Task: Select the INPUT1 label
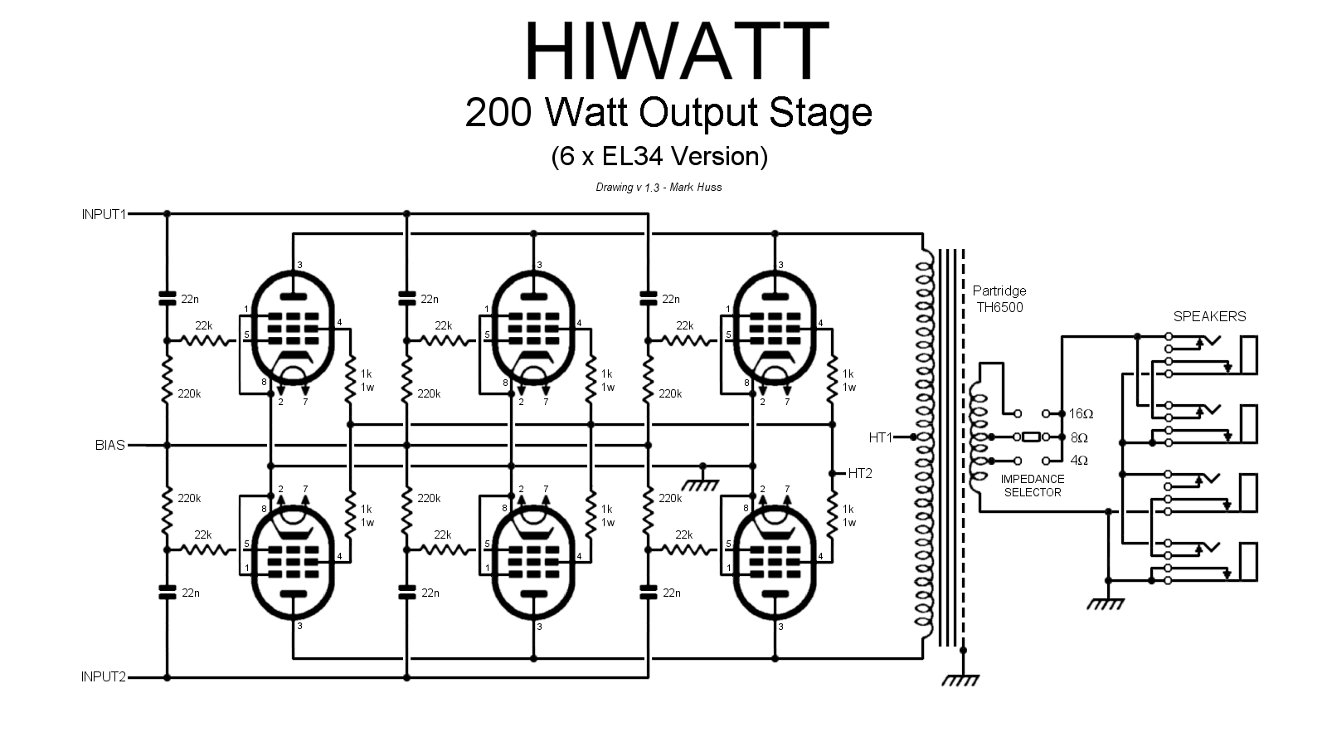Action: click(104, 214)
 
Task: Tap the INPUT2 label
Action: click(104, 677)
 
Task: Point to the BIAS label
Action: click(109, 446)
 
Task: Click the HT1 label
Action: click(880, 437)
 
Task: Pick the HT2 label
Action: click(860, 474)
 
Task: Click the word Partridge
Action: click(999, 291)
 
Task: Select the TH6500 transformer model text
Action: click(999, 307)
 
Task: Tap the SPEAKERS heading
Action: click(1209, 316)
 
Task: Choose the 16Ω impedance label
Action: click(1081, 413)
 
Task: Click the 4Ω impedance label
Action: click(1078, 461)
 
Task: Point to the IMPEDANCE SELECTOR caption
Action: click(1032, 486)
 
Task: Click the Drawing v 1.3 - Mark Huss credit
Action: click(659, 188)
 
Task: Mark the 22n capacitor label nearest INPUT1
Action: click(190, 299)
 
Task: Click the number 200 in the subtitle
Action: click(495, 113)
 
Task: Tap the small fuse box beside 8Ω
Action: click(1031, 437)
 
